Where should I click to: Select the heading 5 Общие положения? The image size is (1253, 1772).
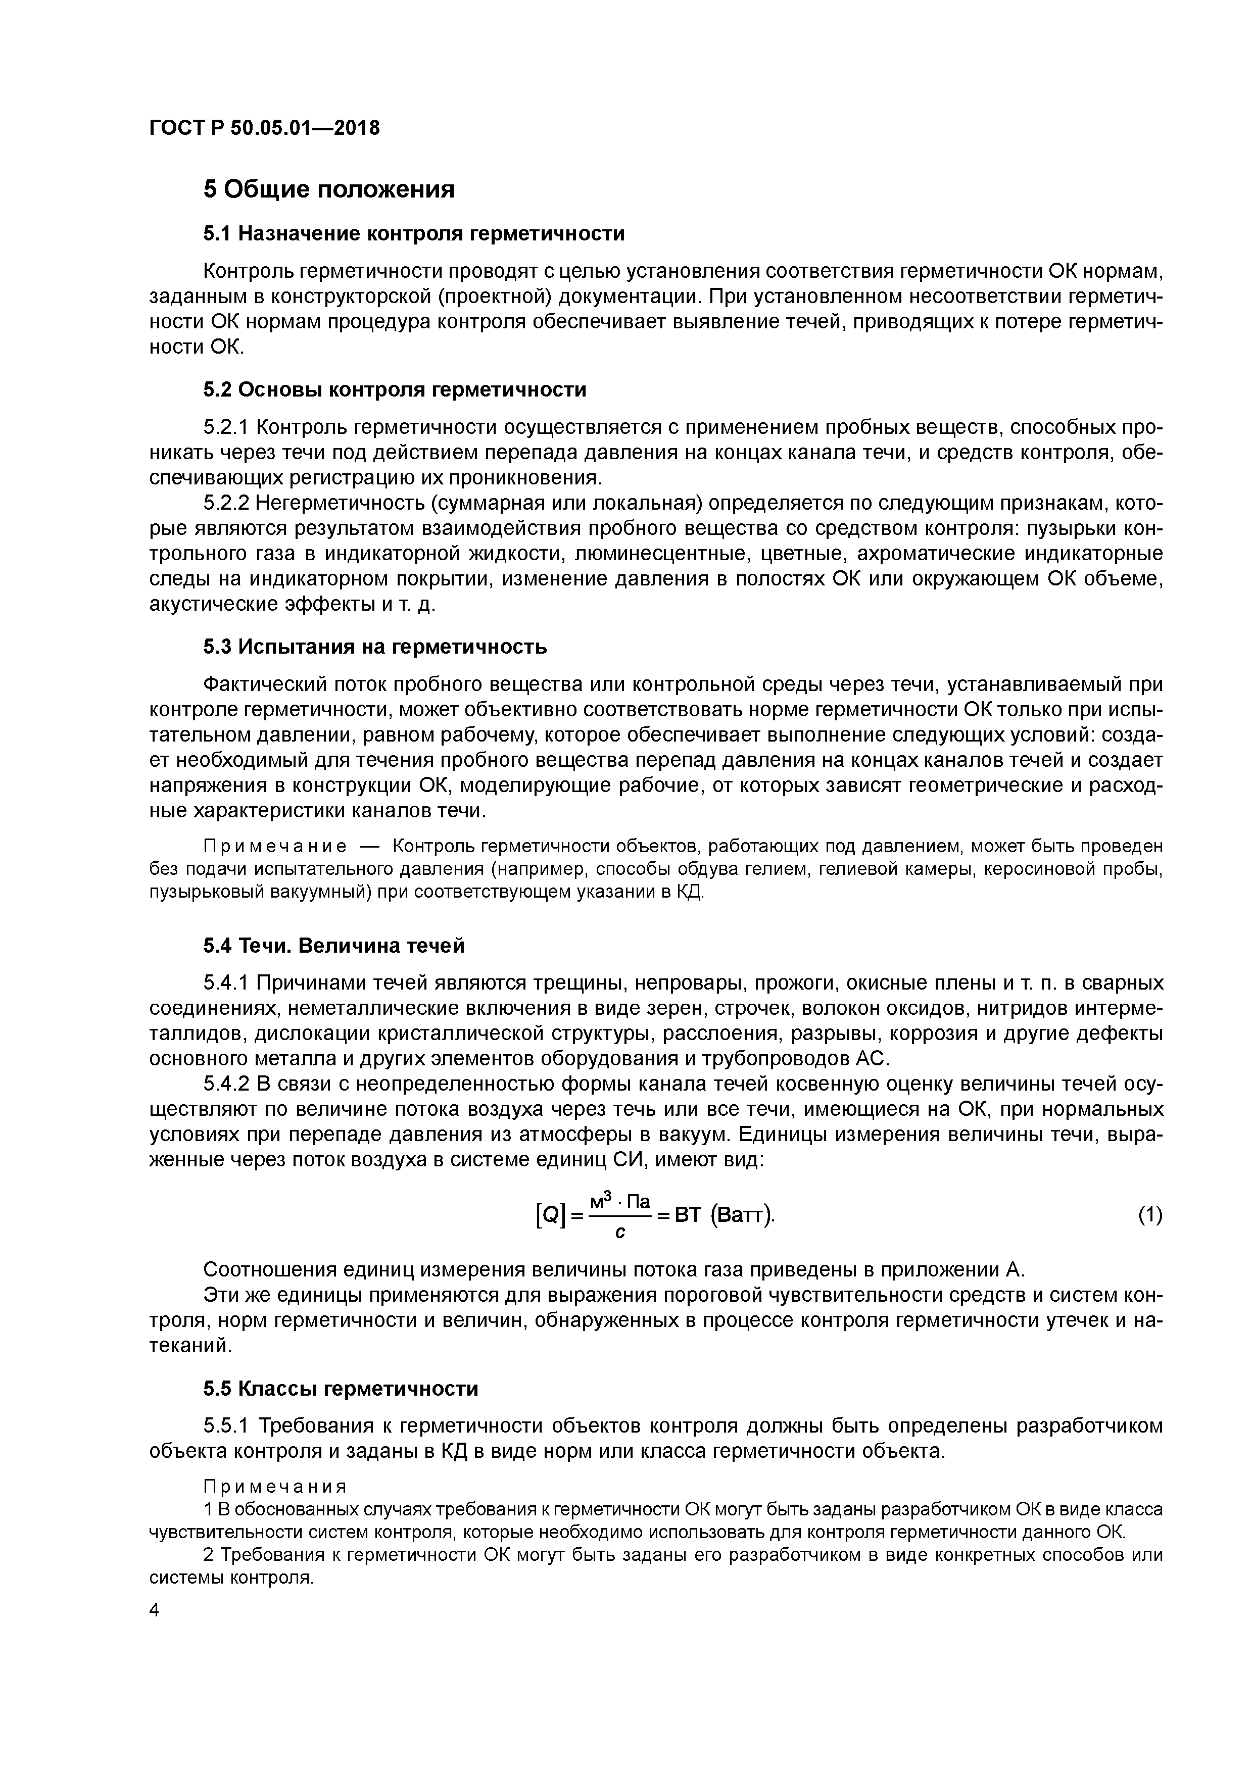(329, 189)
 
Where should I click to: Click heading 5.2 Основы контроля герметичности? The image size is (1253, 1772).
(395, 390)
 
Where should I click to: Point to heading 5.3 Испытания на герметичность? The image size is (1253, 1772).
(375, 647)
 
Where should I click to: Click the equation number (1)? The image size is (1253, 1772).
(1149, 1215)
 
